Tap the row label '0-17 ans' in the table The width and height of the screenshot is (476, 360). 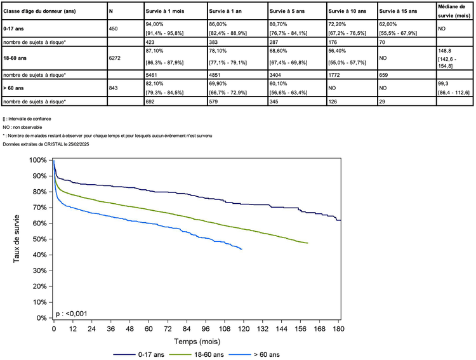click(x=13, y=28)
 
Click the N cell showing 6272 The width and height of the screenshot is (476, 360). click(x=116, y=58)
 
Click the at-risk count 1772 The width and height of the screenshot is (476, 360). click(x=336, y=74)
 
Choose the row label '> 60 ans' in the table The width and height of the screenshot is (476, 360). click(x=14, y=88)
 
